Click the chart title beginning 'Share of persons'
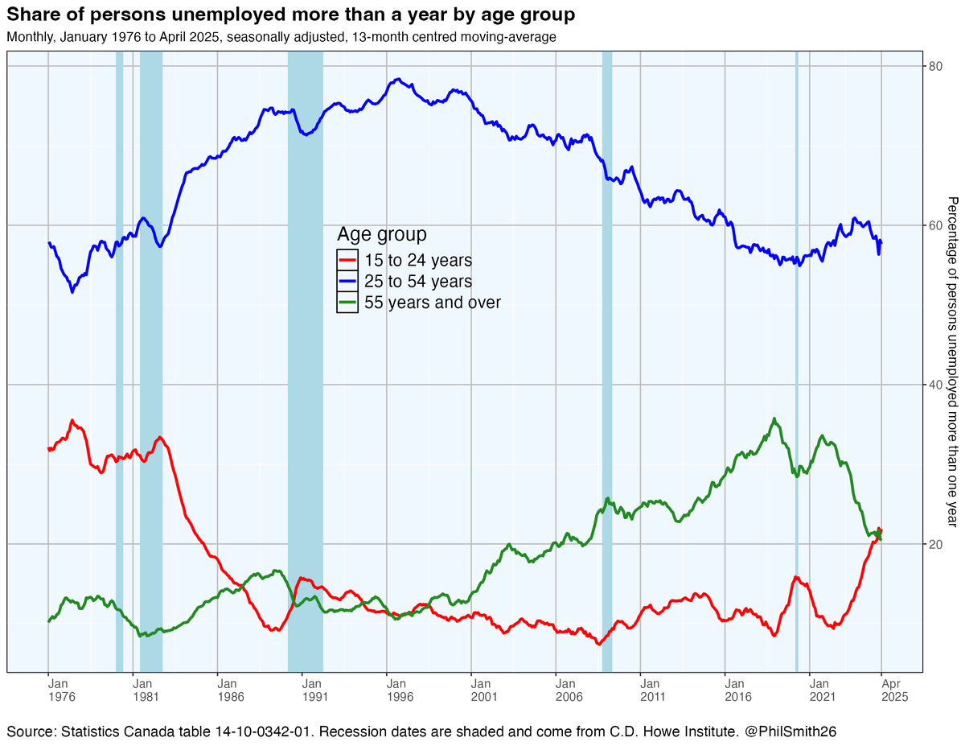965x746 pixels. point(290,15)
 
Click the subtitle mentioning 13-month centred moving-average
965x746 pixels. point(281,37)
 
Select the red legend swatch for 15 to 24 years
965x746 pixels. point(347,261)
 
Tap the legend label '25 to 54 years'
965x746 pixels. point(417,282)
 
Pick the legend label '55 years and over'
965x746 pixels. point(432,303)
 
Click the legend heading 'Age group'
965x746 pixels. point(381,234)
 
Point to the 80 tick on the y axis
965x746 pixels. point(935,66)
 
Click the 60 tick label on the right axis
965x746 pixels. point(935,225)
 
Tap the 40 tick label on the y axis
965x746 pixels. point(935,385)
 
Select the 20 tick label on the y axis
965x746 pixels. point(935,544)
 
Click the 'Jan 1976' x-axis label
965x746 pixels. point(48,689)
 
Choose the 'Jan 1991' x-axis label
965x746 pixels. point(302,689)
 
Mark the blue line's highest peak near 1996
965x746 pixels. point(398,80)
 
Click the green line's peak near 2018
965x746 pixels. point(774,418)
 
